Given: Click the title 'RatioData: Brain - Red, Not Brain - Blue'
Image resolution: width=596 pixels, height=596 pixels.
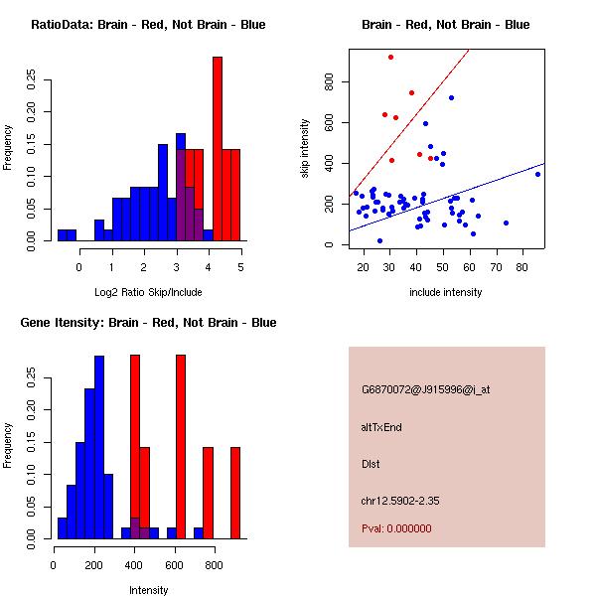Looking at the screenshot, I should (x=148, y=25).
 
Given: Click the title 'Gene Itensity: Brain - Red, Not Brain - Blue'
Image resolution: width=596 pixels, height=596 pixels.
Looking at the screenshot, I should (x=148, y=323).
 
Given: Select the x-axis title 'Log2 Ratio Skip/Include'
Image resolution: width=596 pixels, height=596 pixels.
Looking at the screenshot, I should (x=148, y=292).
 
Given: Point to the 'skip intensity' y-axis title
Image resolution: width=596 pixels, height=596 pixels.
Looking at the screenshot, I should (x=305, y=148).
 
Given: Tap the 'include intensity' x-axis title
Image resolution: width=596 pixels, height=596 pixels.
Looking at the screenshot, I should (x=446, y=292).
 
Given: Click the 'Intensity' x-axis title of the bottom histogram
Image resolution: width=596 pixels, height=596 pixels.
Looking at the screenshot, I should (x=148, y=590).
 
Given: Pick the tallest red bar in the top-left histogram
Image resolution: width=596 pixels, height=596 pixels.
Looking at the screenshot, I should (x=217, y=149).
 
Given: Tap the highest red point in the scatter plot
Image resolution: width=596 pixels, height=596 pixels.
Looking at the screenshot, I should (x=391, y=58).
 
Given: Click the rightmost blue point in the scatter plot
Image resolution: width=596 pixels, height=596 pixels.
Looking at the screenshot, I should (x=537, y=174).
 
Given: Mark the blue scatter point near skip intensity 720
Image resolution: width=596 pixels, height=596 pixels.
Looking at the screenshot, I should (x=451, y=97).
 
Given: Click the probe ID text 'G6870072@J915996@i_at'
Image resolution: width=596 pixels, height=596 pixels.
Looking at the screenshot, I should (x=425, y=389).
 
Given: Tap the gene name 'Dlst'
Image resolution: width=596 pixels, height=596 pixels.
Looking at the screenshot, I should (x=371, y=464).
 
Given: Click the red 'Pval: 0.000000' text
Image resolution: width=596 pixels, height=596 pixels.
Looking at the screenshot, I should (x=396, y=528).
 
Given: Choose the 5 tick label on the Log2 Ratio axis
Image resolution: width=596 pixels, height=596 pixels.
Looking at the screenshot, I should (x=240, y=267).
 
